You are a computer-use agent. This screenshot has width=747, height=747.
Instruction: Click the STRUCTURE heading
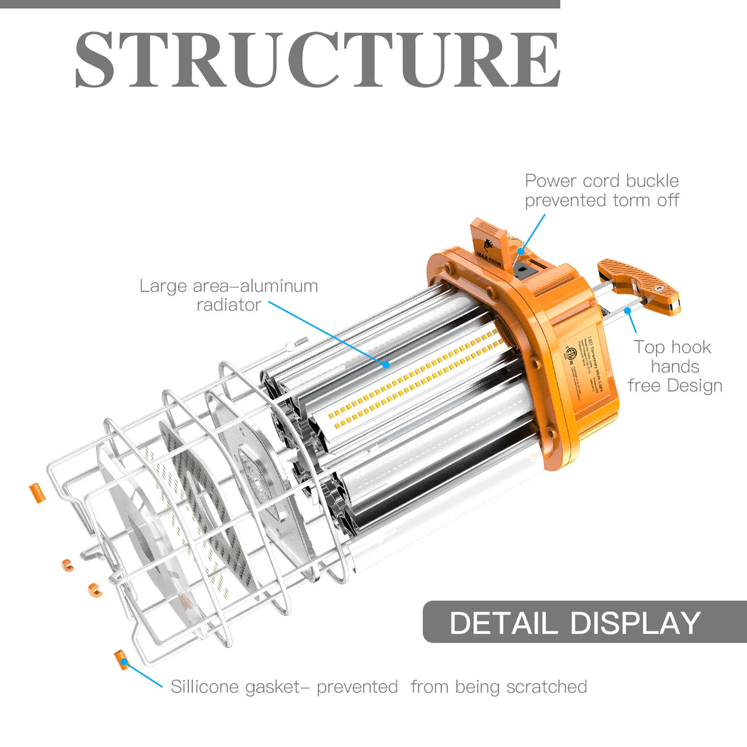pos(318,60)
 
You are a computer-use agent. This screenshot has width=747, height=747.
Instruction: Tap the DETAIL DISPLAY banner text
pos(575,623)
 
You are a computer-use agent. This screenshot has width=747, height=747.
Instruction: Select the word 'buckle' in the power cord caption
pos(652,181)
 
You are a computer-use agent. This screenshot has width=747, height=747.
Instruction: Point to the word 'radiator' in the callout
pos(228,305)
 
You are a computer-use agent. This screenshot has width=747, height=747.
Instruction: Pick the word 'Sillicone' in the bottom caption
pos(205,687)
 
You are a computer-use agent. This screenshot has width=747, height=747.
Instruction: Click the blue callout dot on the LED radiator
pos(386,365)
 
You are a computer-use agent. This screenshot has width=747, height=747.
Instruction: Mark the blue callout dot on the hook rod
pos(627,311)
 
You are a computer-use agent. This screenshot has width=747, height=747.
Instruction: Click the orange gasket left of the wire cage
pos(37,493)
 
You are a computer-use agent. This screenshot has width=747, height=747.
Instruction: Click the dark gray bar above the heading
pos(280,4)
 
